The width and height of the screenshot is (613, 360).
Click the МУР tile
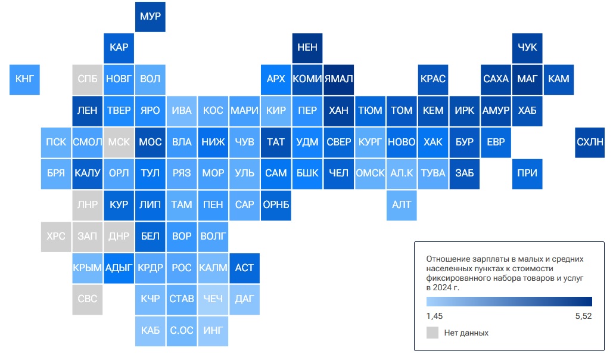(x=150, y=17)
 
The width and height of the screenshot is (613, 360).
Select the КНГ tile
(x=24, y=79)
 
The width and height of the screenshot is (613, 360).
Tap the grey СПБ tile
(x=87, y=79)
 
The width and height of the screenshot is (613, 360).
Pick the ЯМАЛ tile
(x=338, y=79)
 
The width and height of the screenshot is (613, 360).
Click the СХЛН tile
(x=590, y=142)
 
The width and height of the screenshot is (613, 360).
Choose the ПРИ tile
(x=527, y=173)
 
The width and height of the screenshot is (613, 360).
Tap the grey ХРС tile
(x=56, y=237)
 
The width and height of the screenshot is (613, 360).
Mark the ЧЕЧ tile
(x=213, y=300)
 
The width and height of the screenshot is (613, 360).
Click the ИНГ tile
(x=213, y=331)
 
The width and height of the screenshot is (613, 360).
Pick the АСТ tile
(x=244, y=268)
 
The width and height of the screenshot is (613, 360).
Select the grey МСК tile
(x=119, y=142)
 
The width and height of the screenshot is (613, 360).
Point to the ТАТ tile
(x=276, y=142)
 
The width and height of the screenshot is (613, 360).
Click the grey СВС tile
(x=87, y=300)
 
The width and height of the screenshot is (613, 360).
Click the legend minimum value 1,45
(x=434, y=316)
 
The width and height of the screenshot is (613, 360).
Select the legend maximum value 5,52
(x=583, y=316)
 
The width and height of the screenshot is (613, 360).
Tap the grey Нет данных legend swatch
(x=432, y=333)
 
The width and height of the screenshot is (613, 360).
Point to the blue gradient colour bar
(x=509, y=302)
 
